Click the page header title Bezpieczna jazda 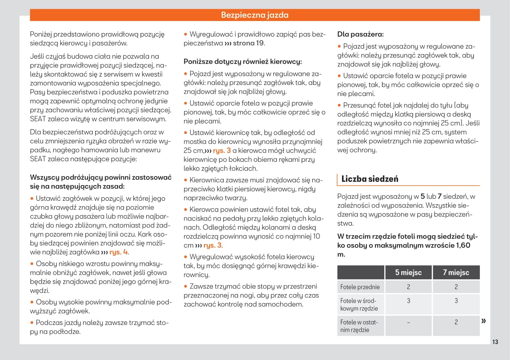click(x=255, y=15)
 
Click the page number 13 click(x=495, y=342)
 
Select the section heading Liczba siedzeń click(x=369, y=179)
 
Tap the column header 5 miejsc click(x=408, y=272)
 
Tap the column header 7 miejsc click(x=456, y=272)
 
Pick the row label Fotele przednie click(x=360, y=287)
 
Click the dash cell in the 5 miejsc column click(x=408, y=322)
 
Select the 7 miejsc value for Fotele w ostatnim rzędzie click(x=456, y=322)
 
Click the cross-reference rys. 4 click(x=118, y=252)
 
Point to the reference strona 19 click(x=248, y=43)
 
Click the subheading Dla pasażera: click(x=360, y=34)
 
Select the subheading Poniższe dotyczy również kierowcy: click(x=243, y=61)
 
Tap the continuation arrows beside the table click(x=484, y=321)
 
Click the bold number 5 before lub click(x=422, y=197)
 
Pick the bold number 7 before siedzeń click(x=440, y=197)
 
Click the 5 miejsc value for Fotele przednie click(x=408, y=287)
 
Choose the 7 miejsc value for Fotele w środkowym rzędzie click(x=456, y=301)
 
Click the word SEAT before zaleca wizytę click(x=38, y=119)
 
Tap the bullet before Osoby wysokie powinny click(x=32, y=302)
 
